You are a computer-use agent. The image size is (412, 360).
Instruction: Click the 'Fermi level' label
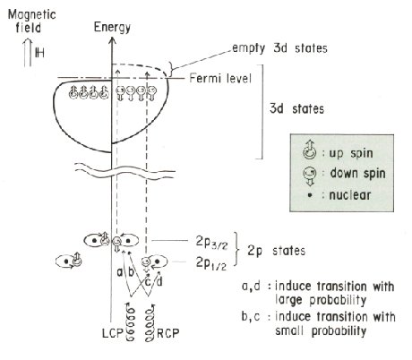[x=220, y=79]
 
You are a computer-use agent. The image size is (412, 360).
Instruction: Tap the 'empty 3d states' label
[x=279, y=48]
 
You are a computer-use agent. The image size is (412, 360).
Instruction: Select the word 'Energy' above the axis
[x=112, y=27]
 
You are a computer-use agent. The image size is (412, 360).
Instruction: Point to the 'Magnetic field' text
[x=31, y=21]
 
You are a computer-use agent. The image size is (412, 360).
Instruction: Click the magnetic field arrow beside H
[x=28, y=53]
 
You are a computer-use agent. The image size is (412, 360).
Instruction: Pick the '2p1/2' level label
[x=211, y=263]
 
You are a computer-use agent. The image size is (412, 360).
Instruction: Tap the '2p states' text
[x=277, y=251]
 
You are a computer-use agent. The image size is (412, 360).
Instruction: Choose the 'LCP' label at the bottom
[x=113, y=333]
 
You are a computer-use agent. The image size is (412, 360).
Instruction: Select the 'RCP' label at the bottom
[x=168, y=333]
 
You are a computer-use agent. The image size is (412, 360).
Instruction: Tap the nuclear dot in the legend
[x=310, y=195]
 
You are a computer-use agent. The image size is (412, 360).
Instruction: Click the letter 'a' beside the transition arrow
[x=120, y=272]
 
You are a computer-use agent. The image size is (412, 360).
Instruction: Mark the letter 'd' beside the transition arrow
[x=159, y=281]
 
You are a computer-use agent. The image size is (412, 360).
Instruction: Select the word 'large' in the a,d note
[x=288, y=300]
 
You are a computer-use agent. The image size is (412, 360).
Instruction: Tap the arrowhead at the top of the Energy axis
[x=112, y=40]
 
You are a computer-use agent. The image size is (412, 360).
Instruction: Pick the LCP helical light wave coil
[x=131, y=321]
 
